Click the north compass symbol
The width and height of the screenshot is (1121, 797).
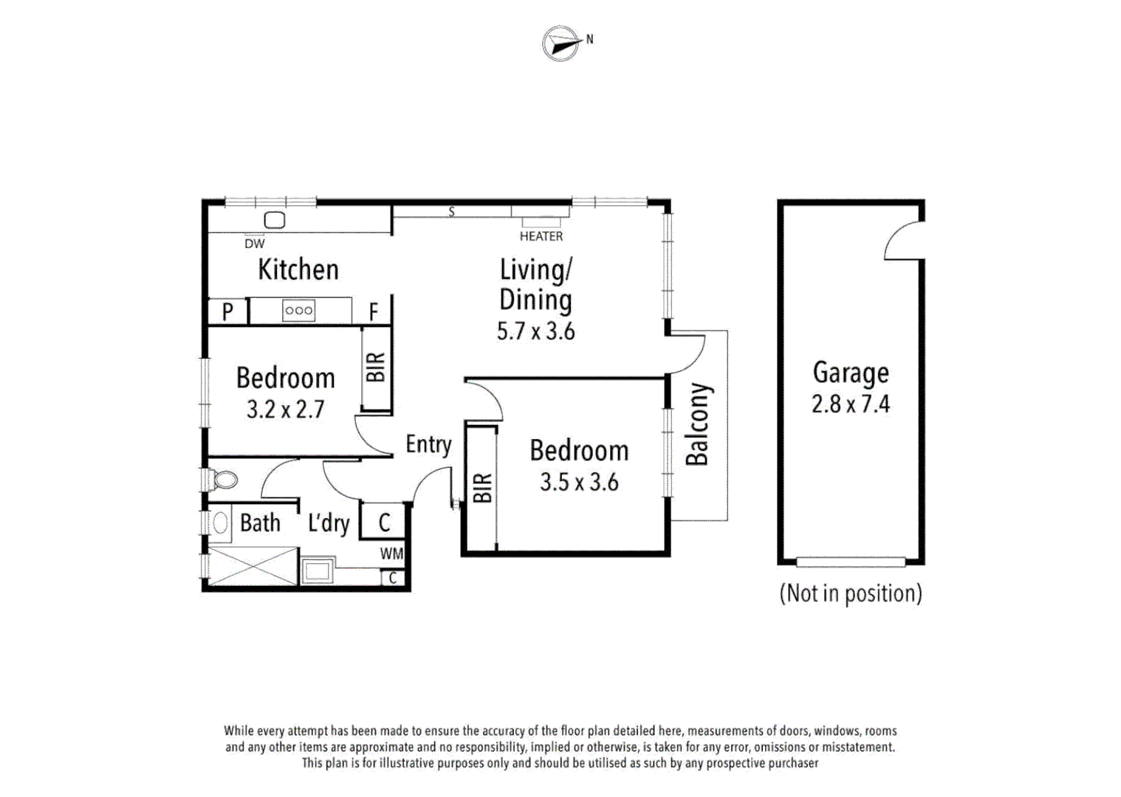coord(562,44)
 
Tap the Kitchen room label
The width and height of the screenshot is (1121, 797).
coord(298,269)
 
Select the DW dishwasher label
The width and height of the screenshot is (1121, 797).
coord(254,244)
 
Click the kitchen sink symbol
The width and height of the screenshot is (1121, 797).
coord(275,220)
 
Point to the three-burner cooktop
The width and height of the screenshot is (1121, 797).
coord(298,311)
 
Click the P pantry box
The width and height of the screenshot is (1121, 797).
coord(227,311)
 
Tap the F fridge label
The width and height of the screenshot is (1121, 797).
coord(374,312)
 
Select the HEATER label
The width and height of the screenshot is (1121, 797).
coord(541,236)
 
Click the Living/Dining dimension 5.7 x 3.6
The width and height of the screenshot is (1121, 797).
coord(535,331)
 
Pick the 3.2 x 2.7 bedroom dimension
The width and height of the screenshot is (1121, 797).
coord(285,410)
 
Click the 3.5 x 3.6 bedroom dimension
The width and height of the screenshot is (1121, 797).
coord(579,483)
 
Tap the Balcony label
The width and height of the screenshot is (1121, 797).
coord(697,424)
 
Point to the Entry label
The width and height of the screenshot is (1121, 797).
coord(428,444)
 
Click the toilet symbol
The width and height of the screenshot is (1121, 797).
coord(224,480)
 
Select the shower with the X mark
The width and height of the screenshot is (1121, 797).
coord(253,567)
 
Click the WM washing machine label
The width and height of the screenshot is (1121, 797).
coord(391,553)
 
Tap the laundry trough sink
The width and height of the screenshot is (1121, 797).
coord(318,570)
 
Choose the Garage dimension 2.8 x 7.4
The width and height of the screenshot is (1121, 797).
coord(851,404)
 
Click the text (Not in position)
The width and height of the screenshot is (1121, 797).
coord(851,593)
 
